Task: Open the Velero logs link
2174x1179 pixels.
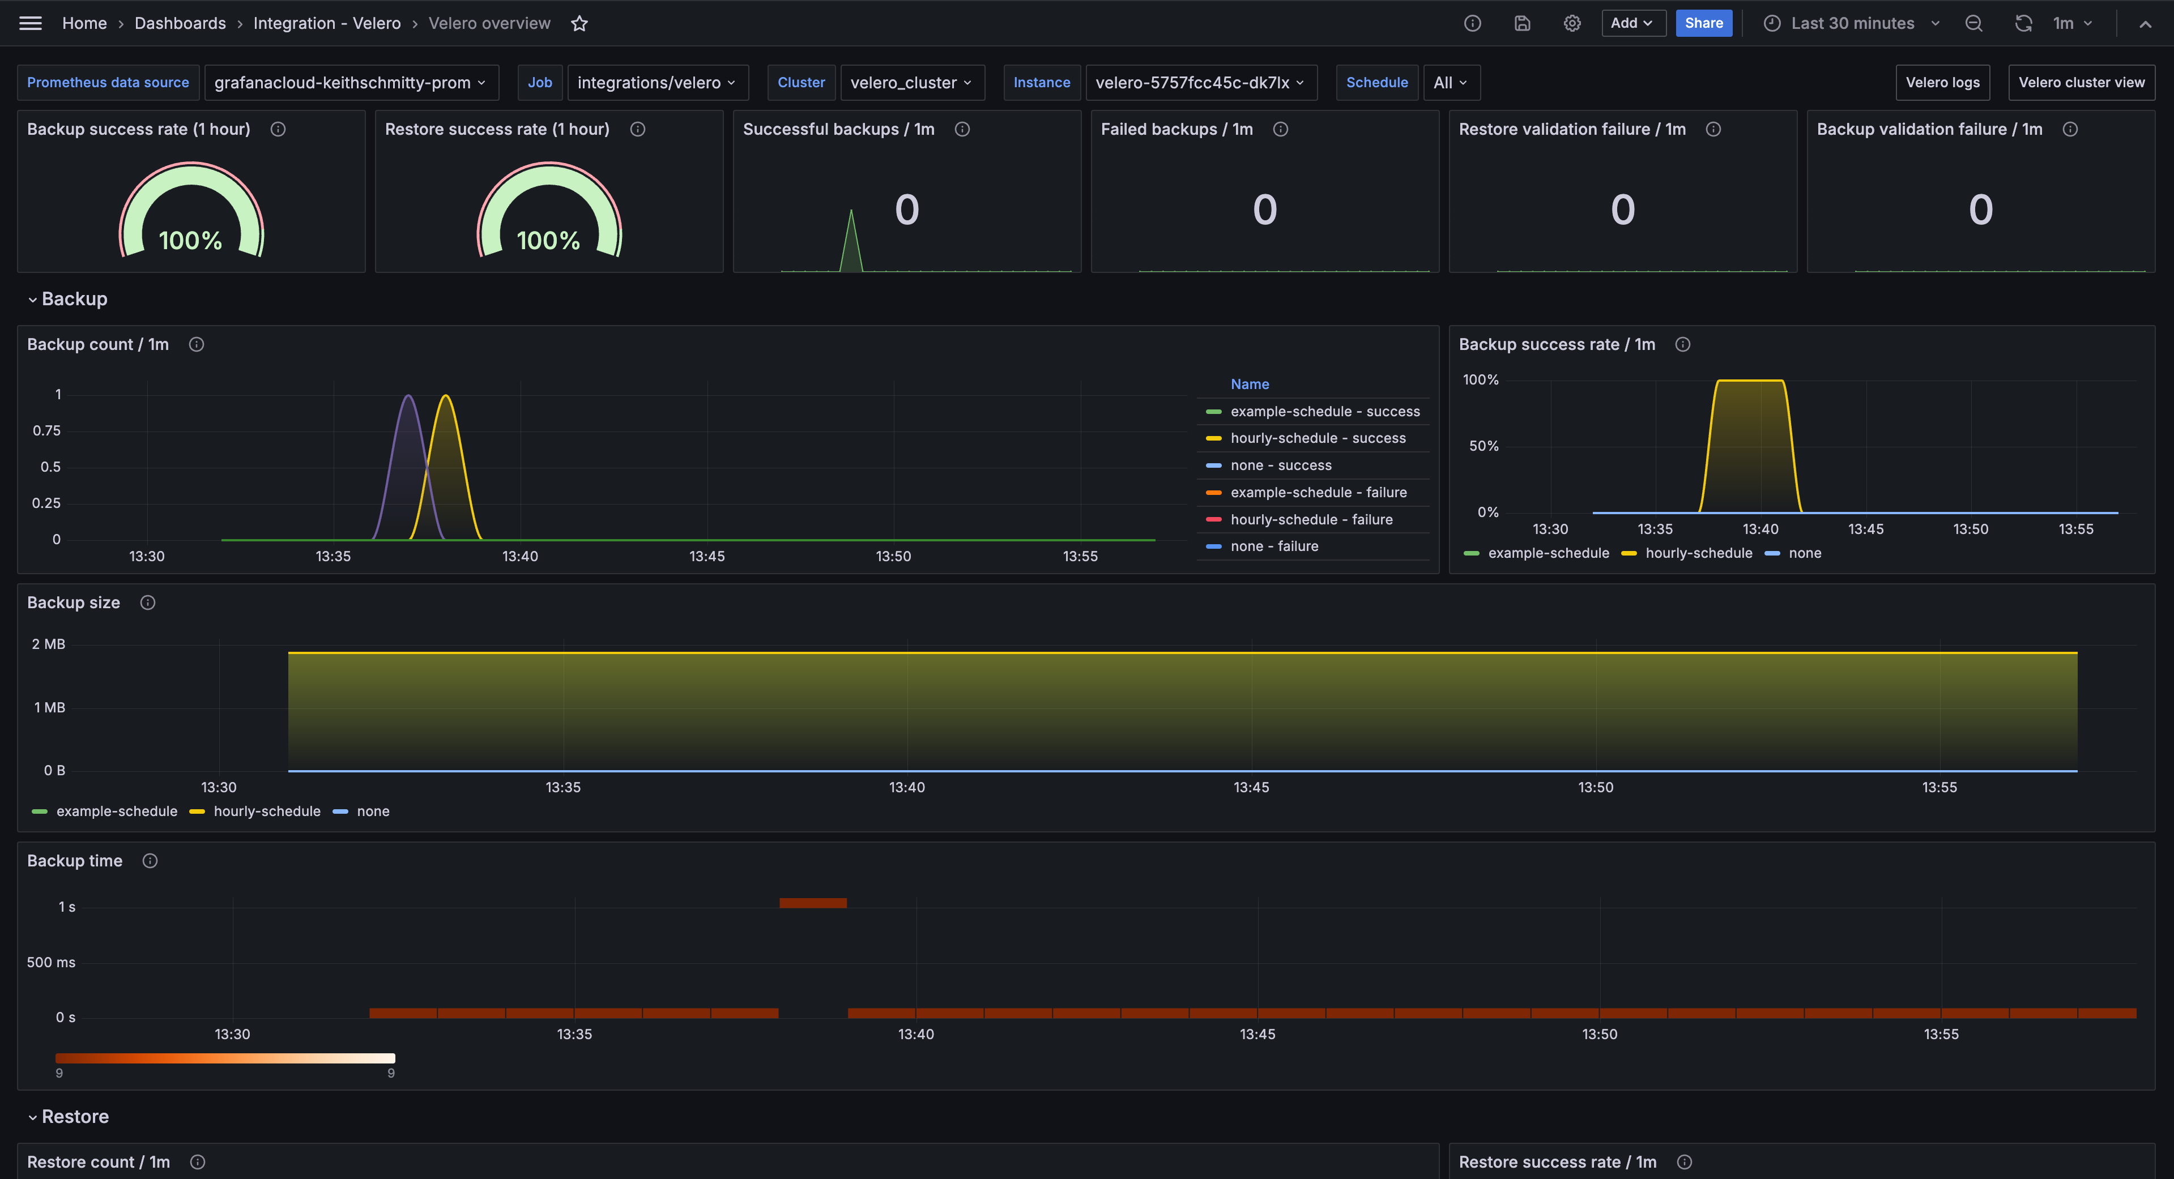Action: (x=1942, y=83)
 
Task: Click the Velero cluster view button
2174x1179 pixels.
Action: (x=2081, y=83)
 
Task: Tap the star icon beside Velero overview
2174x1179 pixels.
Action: (x=579, y=24)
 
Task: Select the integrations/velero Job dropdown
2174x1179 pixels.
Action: (x=657, y=83)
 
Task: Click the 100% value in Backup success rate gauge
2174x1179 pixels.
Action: (x=191, y=241)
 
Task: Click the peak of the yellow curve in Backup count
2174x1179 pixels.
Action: (x=446, y=396)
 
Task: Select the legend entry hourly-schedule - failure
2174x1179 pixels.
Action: (x=1311, y=520)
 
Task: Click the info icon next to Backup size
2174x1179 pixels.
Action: (x=148, y=603)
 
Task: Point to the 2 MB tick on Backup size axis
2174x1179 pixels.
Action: (x=48, y=644)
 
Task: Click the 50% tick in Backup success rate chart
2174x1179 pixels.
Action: (x=1484, y=446)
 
